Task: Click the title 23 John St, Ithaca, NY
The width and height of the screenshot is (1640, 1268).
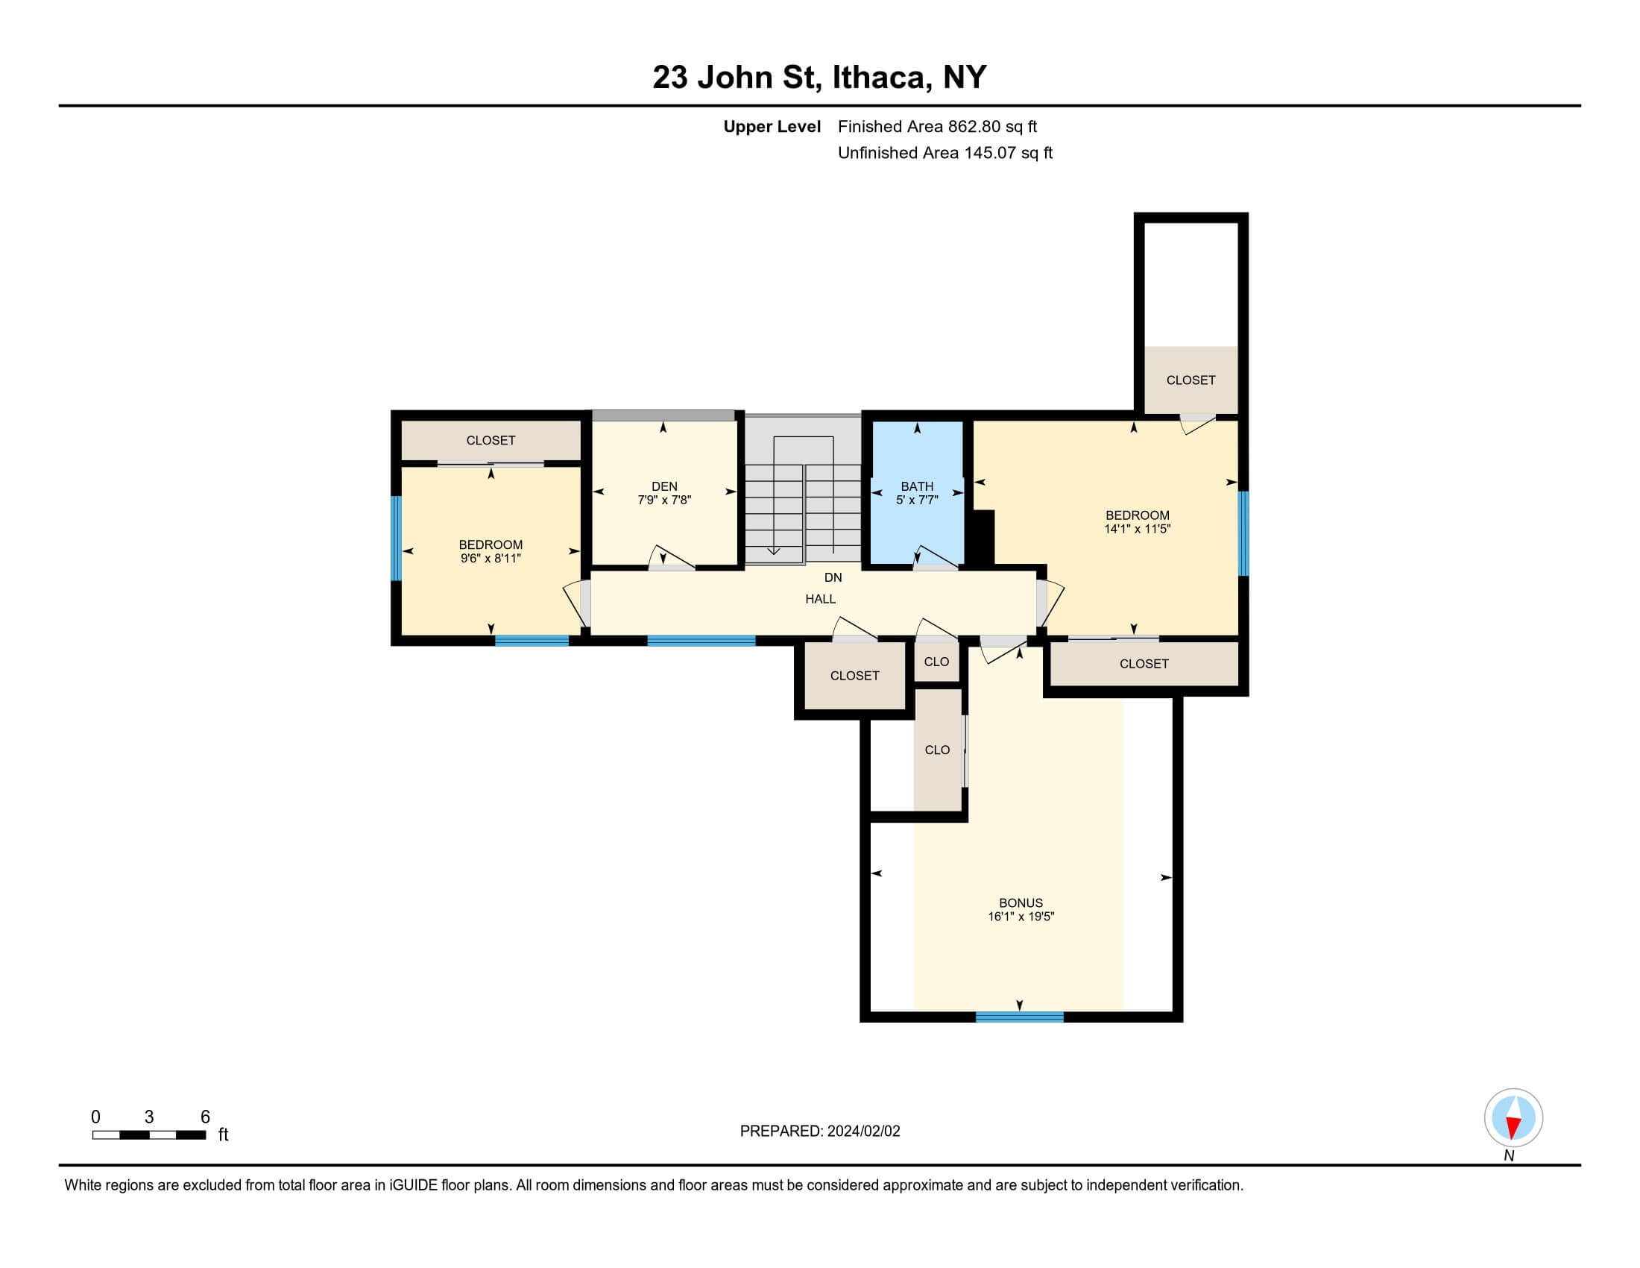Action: pyautogui.click(x=819, y=78)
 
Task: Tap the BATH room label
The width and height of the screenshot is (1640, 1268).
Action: pyautogui.click(x=917, y=487)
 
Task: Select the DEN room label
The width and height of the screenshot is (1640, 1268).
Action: pyautogui.click(x=664, y=487)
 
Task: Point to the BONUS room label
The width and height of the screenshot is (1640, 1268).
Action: pyautogui.click(x=1021, y=903)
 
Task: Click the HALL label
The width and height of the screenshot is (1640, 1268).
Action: pyautogui.click(x=821, y=599)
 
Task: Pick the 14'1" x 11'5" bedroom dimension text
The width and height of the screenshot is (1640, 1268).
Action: pyautogui.click(x=1137, y=529)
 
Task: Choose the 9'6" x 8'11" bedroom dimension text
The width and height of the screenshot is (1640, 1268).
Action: pyautogui.click(x=491, y=558)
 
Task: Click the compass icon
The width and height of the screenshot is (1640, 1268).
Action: pyautogui.click(x=1513, y=1118)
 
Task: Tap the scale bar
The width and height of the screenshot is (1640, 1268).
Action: pyautogui.click(x=149, y=1135)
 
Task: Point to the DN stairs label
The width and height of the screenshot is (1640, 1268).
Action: pyautogui.click(x=833, y=577)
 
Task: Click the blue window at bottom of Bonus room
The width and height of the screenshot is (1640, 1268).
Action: pyautogui.click(x=1019, y=1017)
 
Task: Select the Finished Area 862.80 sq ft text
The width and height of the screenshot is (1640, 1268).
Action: pyautogui.click(x=937, y=127)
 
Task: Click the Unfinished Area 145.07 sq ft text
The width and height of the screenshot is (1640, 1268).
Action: pyautogui.click(x=944, y=153)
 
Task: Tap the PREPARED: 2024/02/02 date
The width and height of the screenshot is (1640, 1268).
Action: pyautogui.click(x=820, y=1132)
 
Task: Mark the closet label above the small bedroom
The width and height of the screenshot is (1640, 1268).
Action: pyautogui.click(x=491, y=440)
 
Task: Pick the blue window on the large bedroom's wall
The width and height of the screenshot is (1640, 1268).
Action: pyautogui.click(x=1243, y=533)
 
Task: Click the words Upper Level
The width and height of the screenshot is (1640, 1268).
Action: pyautogui.click(x=772, y=127)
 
